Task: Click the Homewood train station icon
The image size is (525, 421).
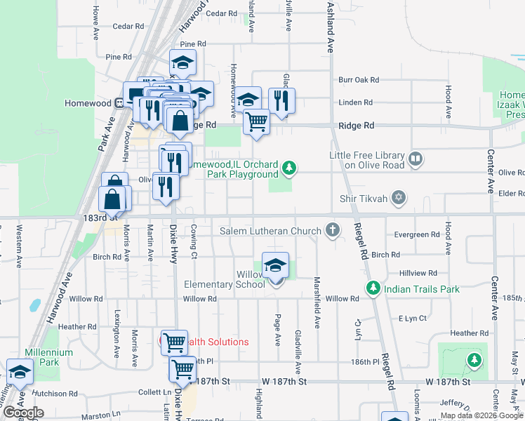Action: click(119, 103)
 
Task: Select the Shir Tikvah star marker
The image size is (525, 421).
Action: click(399, 198)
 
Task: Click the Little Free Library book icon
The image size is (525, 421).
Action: click(416, 159)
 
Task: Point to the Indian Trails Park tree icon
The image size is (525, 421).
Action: click(373, 288)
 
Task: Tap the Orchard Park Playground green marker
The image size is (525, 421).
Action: click(288, 168)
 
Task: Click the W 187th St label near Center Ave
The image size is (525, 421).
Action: click(447, 381)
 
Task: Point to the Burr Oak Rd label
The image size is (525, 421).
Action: click(358, 80)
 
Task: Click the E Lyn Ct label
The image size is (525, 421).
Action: click(413, 318)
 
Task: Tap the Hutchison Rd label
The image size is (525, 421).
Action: click(54, 394)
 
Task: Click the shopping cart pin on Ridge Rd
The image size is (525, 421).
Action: click(257, 121)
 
